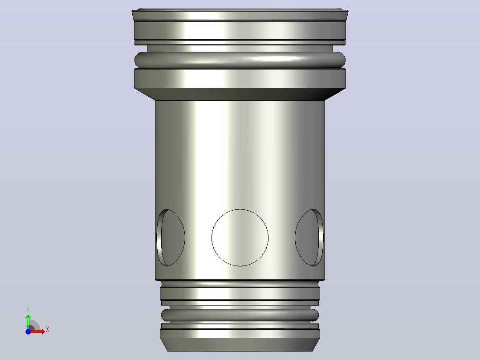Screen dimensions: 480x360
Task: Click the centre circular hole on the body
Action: tap(240, 238)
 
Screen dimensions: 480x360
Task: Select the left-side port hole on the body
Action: tap(171, 238)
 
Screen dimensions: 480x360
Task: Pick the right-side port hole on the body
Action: tap(309, 238)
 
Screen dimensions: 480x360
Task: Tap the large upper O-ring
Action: tap(240, 60)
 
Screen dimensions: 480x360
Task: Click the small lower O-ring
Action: tap(240, 315)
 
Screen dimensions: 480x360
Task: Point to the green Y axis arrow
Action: tap(28, 321)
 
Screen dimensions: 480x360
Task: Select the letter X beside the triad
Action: tap(48, 330)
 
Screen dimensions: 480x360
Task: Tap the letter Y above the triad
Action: tap(28, 310)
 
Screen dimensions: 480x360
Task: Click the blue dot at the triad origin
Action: tap(28, 331)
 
